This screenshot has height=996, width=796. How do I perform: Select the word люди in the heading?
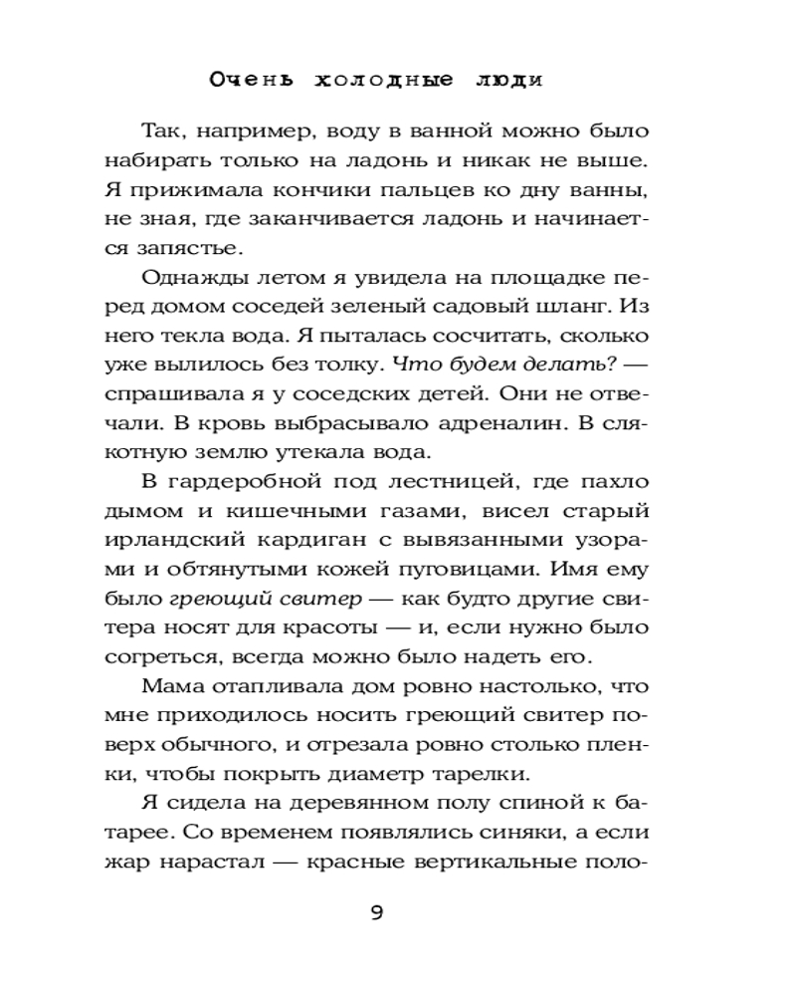508,80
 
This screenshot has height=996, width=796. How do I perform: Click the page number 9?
377,913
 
